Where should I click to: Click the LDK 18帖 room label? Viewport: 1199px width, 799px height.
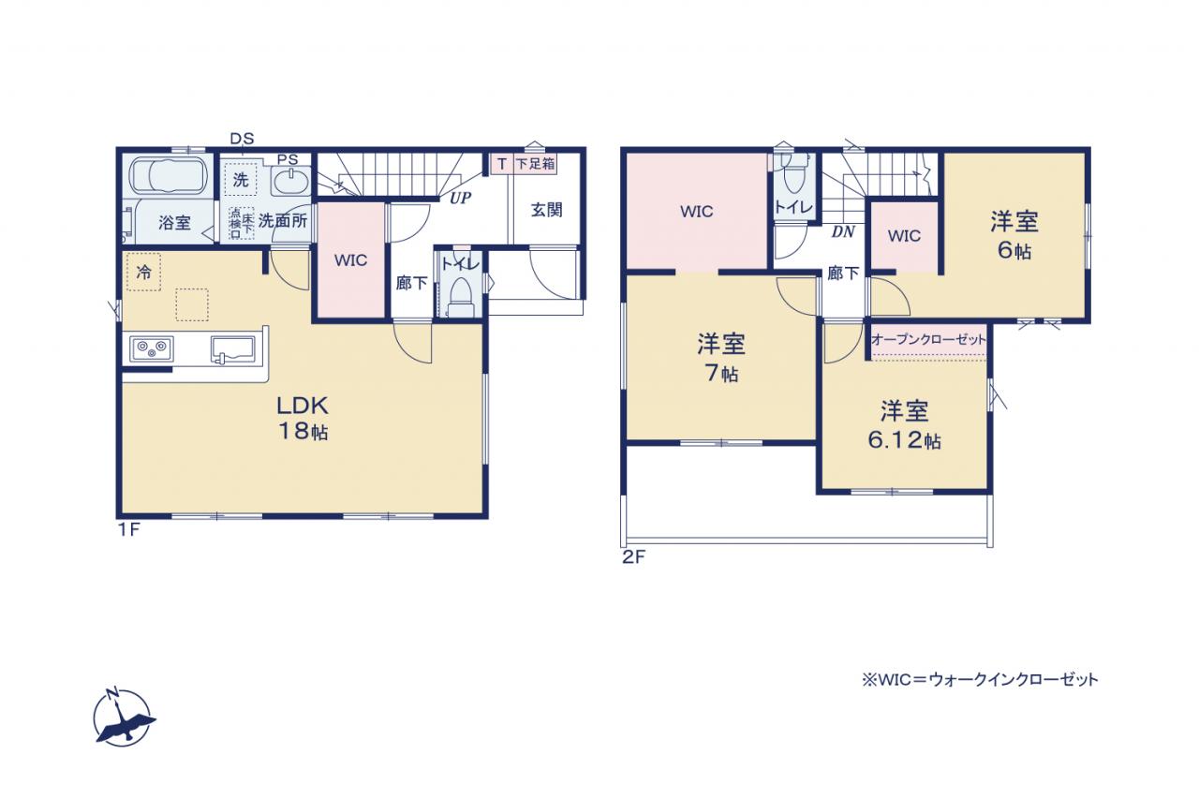303,419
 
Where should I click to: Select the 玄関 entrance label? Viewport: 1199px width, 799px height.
546,210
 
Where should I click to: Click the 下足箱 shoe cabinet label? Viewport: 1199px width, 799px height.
535,164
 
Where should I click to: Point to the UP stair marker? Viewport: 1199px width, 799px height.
460,198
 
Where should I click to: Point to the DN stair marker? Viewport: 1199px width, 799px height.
843,231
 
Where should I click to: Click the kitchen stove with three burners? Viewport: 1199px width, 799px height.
152,349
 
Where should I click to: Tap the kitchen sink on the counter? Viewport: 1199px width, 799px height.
233,349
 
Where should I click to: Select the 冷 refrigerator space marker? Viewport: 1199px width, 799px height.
143,273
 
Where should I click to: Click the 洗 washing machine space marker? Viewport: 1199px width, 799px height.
241,180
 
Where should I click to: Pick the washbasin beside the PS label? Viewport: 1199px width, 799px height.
290,181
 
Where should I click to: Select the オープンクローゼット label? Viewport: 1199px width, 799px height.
928,339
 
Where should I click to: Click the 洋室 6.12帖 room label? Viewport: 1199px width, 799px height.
904,425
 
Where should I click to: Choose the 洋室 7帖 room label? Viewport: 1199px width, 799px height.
721,358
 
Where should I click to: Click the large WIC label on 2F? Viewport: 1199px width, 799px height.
696,212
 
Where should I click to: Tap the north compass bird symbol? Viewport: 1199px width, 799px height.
125,719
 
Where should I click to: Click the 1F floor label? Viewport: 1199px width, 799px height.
128,529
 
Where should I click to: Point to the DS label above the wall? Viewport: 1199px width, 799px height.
242,139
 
